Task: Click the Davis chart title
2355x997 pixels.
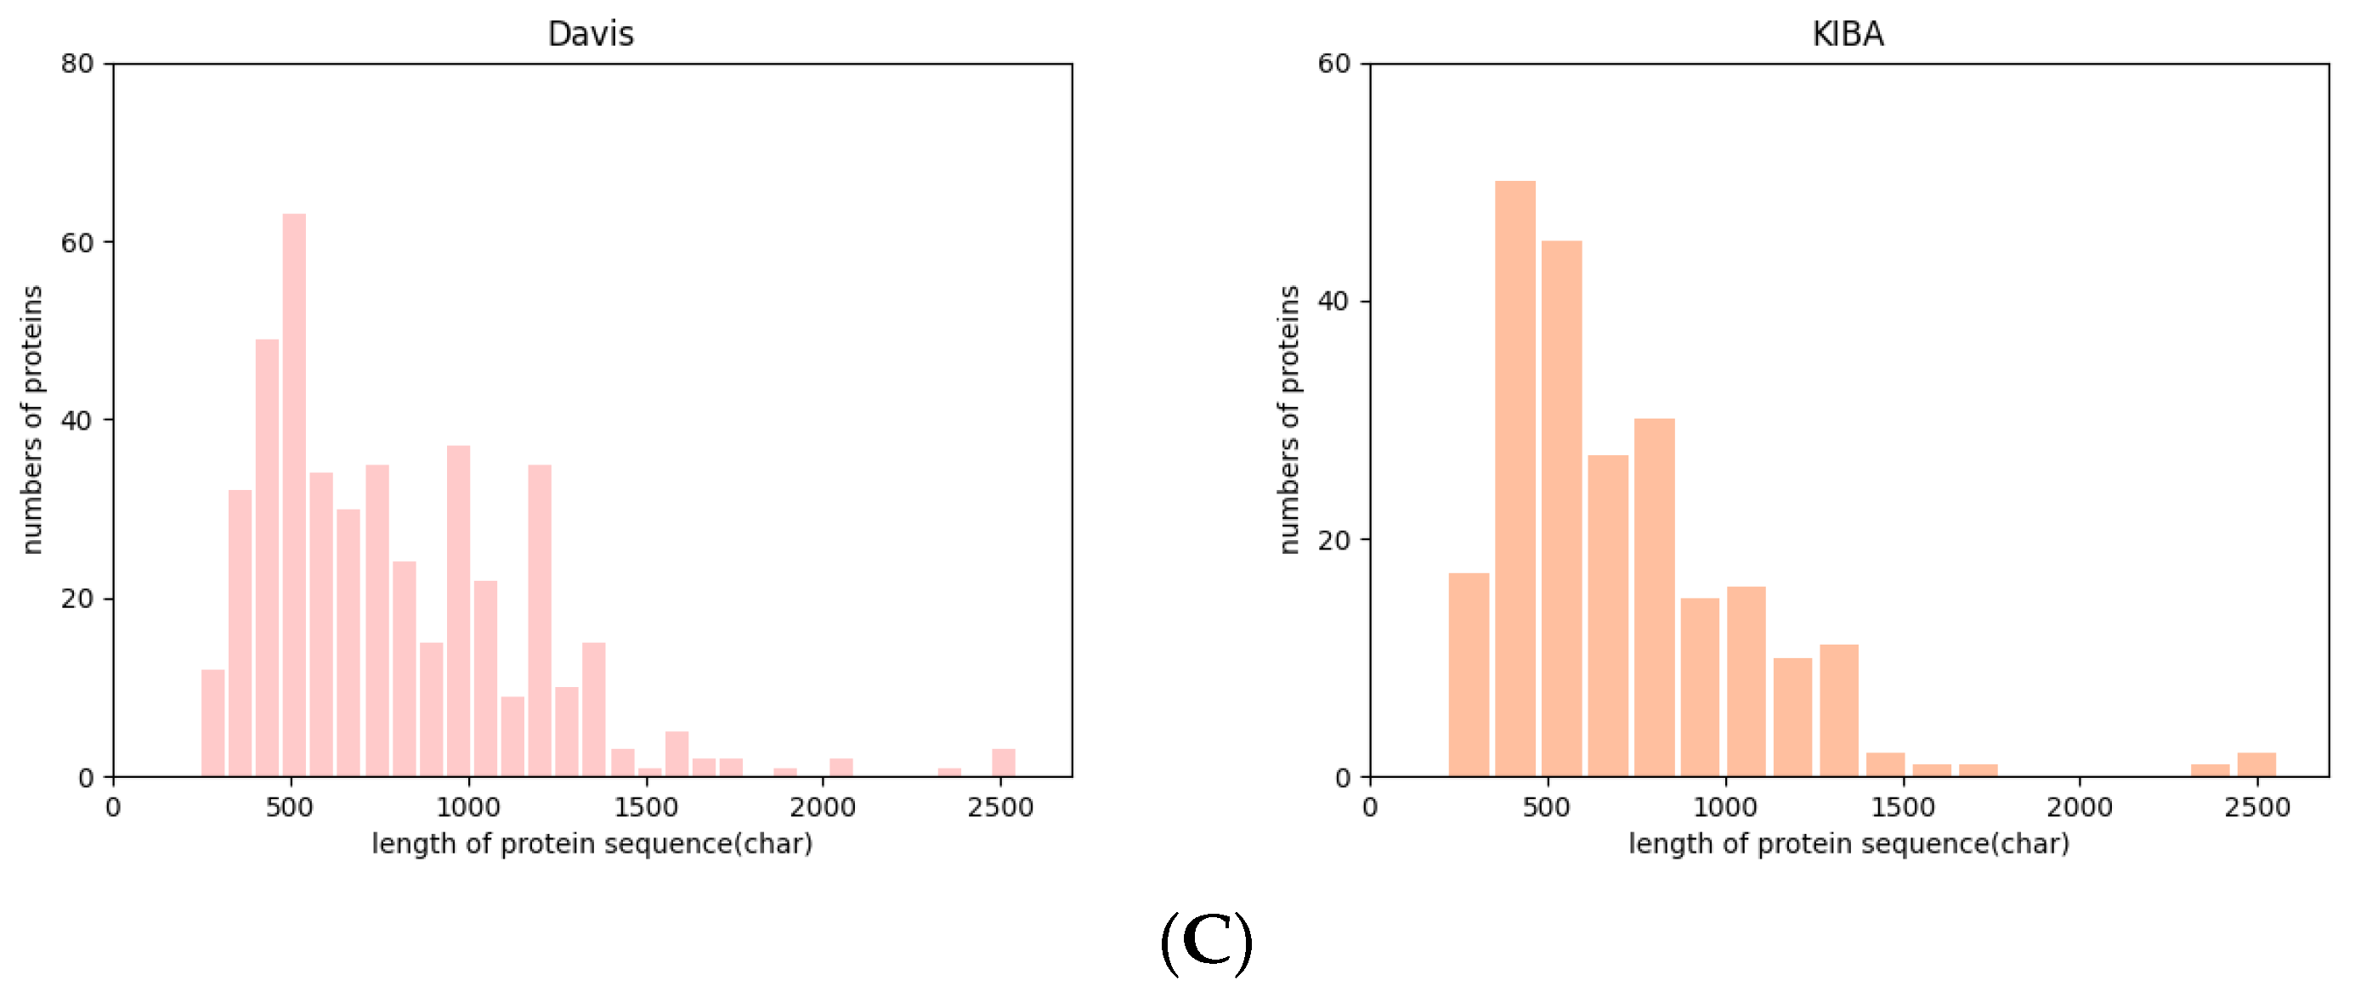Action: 590,34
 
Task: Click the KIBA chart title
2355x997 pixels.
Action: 1847,34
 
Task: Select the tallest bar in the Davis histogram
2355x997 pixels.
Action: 293,494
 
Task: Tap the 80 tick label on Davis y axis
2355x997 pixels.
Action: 77,64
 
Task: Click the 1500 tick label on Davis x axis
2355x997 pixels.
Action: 645,808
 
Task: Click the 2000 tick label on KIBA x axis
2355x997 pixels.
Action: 2080,808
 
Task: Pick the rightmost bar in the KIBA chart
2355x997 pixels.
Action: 2256,765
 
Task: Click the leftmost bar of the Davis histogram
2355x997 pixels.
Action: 212,723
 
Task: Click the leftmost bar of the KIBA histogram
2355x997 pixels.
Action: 1469,674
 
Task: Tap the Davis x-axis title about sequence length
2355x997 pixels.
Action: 592,843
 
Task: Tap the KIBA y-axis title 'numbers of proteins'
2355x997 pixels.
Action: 1289,420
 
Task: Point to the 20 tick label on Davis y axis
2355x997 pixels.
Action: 77,599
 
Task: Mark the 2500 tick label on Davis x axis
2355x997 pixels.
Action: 1000,808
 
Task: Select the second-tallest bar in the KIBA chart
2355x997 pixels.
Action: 1561,508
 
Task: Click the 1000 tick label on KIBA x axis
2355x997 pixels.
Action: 1724,808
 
